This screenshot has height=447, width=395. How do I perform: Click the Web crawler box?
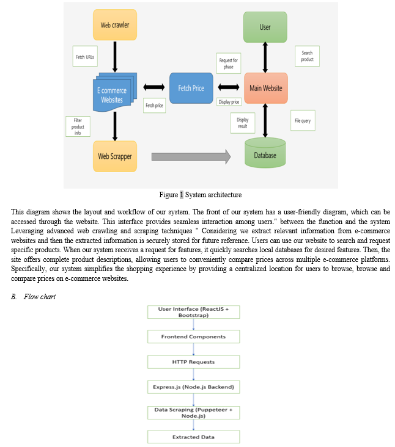click(x=115, y=25)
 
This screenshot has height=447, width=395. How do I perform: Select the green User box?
click(x=265, y=27)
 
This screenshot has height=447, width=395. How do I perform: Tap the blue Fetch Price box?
click(x=191, y=88)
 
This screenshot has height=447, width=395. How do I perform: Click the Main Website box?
click(x=266, y=88)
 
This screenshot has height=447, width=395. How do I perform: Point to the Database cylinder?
click(x=265, y=153)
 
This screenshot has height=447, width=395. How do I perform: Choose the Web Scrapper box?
click(x=115, y=156)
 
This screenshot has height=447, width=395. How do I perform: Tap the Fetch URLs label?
click(x=85, y=56)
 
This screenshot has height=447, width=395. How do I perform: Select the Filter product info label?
click(x=78, y=126)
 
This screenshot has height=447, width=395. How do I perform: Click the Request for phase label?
click(x=229, y=64)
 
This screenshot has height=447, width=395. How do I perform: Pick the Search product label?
click(x=307, y=56)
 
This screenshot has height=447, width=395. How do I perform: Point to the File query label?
click(x=303, y=120)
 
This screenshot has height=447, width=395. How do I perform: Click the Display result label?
click(x=243, y=123)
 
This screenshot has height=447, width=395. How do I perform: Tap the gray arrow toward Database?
click(x=191, y=156)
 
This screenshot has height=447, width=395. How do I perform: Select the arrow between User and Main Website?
click(x=265, y=57)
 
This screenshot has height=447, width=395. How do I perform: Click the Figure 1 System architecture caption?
click(x=201, y=195)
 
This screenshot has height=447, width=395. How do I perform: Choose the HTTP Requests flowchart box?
click(x=193, y=362)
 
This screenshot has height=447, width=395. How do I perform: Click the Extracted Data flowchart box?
click(x=193, y=437)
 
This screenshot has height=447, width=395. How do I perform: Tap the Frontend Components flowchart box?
click(x=193, y=336)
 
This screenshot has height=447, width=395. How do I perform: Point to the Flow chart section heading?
click(x=34, y=297)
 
